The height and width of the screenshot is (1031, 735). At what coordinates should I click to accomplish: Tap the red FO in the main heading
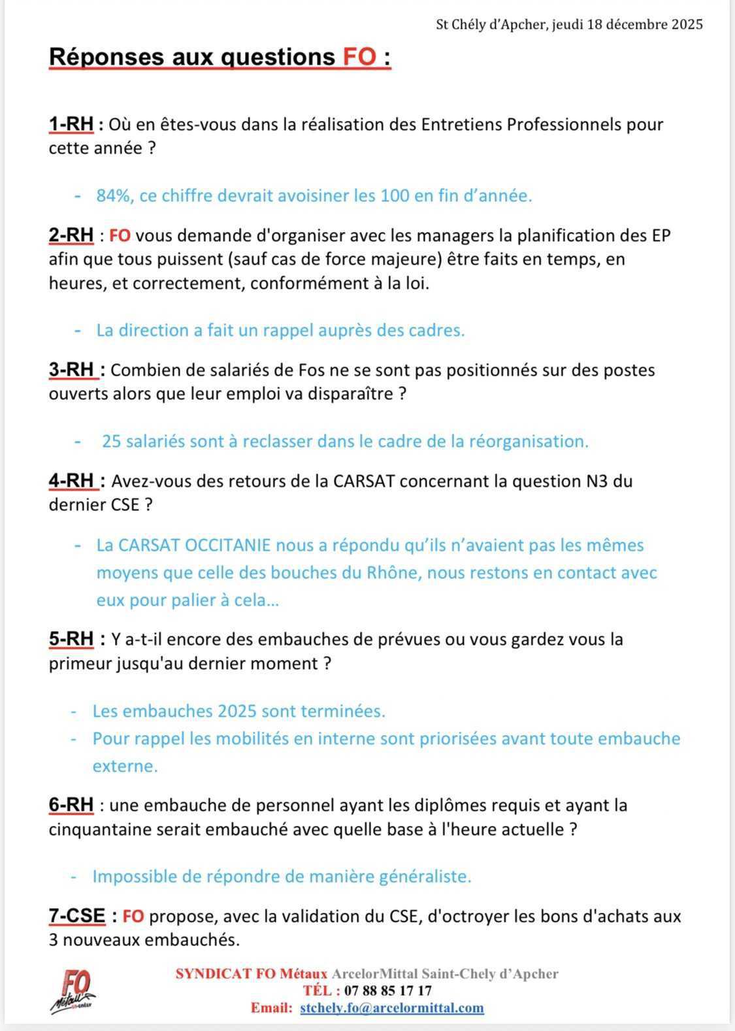pos(359,57)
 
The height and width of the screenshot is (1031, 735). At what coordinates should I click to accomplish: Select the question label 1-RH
pos(71,124)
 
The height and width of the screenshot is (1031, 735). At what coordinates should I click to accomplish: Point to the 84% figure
pos(112,195)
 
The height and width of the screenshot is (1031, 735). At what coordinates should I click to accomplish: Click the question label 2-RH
pos(71,235)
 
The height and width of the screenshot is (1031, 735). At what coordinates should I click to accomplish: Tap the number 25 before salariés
pos(111,441)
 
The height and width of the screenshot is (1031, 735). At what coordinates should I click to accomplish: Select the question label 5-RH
pos(71,638)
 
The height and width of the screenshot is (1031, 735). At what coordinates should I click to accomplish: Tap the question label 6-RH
pos(71,805)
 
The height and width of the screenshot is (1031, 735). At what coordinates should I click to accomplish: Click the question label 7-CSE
pos(77,916)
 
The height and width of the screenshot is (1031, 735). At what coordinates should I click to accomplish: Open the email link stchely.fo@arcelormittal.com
pos(392,1007)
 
